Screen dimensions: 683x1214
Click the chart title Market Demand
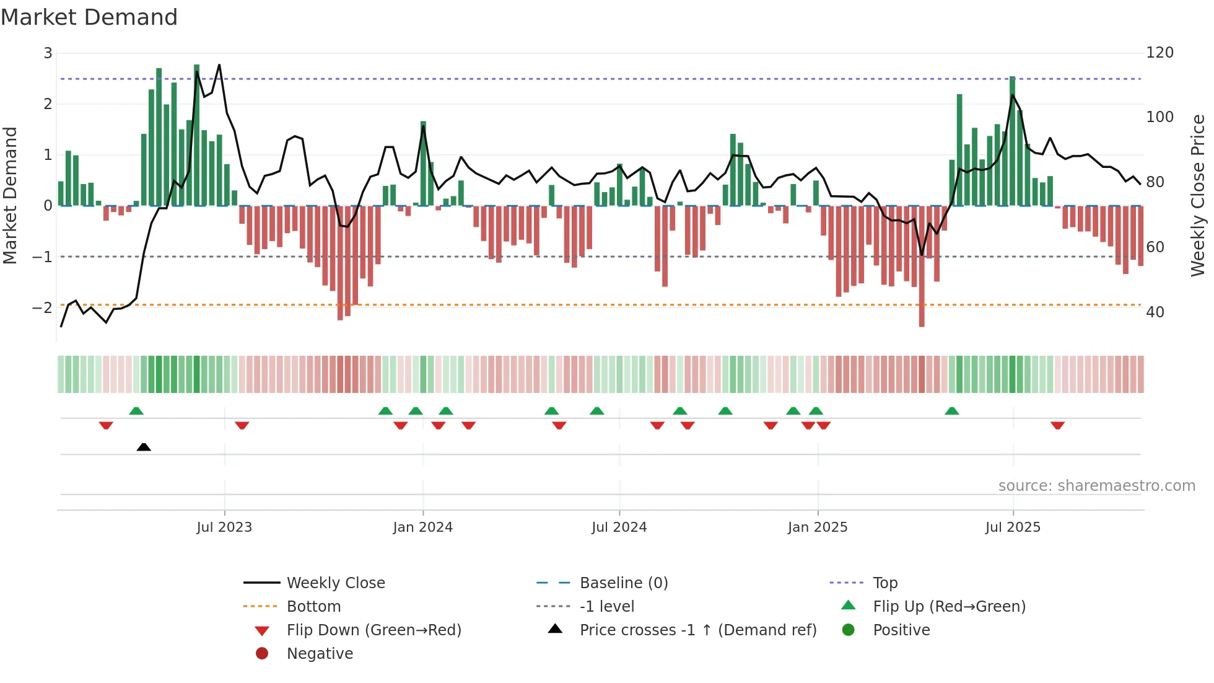(x=89, y=17)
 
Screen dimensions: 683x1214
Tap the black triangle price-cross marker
(x=144, y=447)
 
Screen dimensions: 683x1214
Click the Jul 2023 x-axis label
(x=224, y=527)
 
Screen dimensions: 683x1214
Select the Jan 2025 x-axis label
(x=818, y=527)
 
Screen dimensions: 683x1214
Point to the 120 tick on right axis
(x=1159, y=53)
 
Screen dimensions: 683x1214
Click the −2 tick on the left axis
(x=42, y=308)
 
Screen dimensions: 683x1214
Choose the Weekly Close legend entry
(x=335, y=583)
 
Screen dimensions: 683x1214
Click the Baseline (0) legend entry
(x=623, y=583)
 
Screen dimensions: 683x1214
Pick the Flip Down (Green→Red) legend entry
(x=373, y=630)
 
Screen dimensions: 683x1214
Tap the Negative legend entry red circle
(x=262, y=654)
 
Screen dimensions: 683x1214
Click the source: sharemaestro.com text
(x=1096, y=486)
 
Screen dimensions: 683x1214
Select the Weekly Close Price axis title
(x=1198, y=195)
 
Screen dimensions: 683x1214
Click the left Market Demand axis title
(x=10, y=195)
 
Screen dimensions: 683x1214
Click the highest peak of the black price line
(x=219, y=65)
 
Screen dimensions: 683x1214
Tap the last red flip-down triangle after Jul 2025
(x=1057, y=425)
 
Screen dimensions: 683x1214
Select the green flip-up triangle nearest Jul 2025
(x=952, y=411)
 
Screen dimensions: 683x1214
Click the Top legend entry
(x=884, y=583)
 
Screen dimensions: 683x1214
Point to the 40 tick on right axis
(x=1155, y=312)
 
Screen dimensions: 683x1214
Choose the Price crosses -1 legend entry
(x=697, y=630)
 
